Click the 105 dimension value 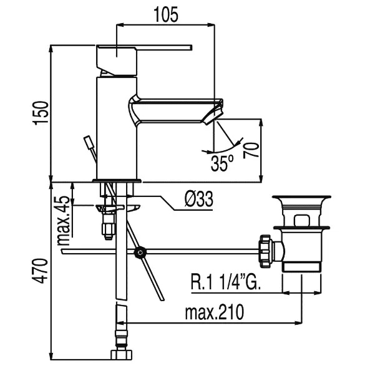pos(166,15)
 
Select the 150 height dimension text pos(41,113)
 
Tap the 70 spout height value pos(251,150)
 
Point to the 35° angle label pos(222,163)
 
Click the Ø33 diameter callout pos(199,199)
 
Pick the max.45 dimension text pos(64,220)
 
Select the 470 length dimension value pos(41,271)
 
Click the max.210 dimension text pos(215,312)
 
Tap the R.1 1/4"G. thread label pos(226,282)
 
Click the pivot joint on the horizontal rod pos(140,253)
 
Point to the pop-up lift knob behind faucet pos(89,142)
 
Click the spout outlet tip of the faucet pos(213,116)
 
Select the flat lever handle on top pos(144,47)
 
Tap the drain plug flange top pos(301,197)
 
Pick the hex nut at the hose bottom pos(122,355)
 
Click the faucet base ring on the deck pos(117,180)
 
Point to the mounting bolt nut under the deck pos(109,229)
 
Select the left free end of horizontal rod pos(62,252)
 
